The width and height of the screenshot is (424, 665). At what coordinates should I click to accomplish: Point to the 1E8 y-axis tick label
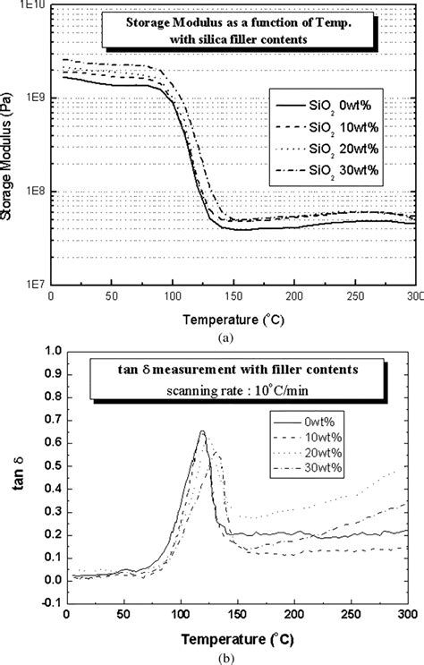(x=35, y=192)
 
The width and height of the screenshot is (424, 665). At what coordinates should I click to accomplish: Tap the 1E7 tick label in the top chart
(x=35, y=284)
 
